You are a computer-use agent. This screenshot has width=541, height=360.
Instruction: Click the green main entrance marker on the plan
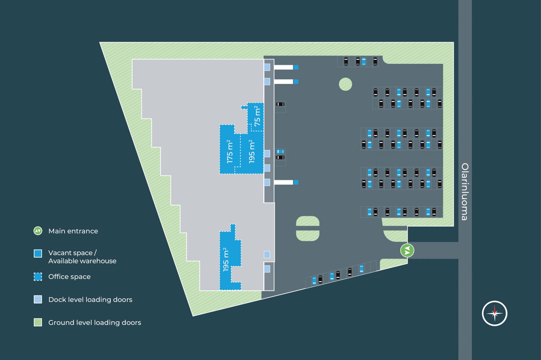click(407, 250)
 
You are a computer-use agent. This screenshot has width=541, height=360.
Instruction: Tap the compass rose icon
click(494, 313)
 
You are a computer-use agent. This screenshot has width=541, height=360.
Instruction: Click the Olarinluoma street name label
click(465, 192)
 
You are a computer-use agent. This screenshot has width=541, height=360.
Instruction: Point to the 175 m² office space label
click(230, 152)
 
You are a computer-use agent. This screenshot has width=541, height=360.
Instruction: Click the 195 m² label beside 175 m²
click(252, 152)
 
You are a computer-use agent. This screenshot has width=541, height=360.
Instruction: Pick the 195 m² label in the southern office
click(226, 259)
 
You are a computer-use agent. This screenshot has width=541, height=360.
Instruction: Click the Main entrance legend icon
click(38, 231)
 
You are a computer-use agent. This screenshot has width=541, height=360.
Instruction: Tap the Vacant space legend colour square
click(38, 253)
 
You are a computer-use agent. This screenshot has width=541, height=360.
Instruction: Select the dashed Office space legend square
click(38, 277)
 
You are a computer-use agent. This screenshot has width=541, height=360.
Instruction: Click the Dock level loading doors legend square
click(38, 299)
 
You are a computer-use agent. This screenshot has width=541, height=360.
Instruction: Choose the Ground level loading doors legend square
click(38, 323)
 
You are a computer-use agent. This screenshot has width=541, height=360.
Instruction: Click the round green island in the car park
click(346, 84)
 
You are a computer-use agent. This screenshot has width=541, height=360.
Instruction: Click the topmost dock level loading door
click(267, 67)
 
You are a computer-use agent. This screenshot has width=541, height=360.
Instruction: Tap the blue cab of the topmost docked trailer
click(296, 67)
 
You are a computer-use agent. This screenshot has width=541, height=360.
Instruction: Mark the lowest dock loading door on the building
click(267, 269)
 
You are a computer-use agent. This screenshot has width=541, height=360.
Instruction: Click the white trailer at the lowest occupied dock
click(283, 182)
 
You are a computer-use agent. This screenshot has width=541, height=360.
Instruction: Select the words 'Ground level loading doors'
click(94, 323)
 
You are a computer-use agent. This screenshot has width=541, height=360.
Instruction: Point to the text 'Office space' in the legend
click(69, 277)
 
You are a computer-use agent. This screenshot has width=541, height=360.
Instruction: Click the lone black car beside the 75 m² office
click(280, 104)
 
